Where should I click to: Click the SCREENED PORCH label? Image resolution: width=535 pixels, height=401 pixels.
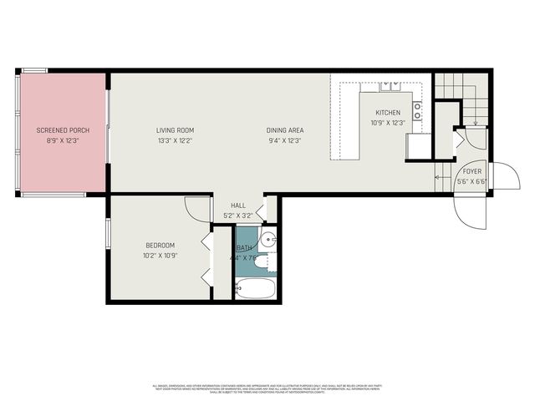62,130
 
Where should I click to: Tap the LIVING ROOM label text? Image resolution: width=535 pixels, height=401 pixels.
175,130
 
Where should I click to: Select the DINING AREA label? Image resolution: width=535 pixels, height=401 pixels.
284,130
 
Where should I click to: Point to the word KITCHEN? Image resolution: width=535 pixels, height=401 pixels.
387,113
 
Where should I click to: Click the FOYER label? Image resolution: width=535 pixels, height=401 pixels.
472,171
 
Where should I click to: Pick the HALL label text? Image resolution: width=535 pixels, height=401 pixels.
238,206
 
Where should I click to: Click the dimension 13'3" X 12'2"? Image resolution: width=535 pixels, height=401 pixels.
175,140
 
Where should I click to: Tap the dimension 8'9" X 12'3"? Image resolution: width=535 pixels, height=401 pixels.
62,140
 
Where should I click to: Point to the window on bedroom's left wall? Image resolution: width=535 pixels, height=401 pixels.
107,242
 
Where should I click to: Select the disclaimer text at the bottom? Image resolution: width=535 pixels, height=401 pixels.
267,388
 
